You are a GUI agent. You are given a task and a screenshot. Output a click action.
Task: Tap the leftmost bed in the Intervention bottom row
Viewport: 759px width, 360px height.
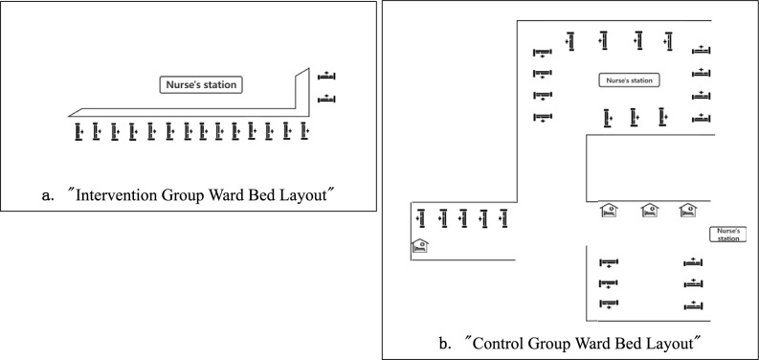click(x=79, y=130)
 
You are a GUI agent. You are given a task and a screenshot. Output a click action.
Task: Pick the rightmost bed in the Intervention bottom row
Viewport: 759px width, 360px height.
click(x=305, y=130)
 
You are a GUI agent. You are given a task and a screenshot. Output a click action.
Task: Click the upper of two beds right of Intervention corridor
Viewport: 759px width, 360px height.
click(x=327, y=75)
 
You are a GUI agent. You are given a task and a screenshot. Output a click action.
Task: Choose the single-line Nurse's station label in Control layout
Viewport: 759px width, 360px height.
click(x=630, y=81)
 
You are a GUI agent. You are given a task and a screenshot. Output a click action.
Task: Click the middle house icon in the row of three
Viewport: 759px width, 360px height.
click(x=649, y=211)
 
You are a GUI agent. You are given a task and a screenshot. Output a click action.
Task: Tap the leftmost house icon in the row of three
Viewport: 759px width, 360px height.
click(x=608, y=211)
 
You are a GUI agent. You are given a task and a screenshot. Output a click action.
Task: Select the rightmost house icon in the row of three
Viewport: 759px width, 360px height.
click(x=687, y=211)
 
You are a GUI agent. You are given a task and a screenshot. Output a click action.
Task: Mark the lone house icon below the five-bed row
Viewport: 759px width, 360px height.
click(x=419, y=245)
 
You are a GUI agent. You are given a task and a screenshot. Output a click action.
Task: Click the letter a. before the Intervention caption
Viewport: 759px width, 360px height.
click(x=48, y=196)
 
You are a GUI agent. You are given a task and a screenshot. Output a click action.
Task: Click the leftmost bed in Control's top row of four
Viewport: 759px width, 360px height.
click(x=570, y=41)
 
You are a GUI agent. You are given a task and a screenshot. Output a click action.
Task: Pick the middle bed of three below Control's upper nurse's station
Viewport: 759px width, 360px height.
click(x=633, y=117)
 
